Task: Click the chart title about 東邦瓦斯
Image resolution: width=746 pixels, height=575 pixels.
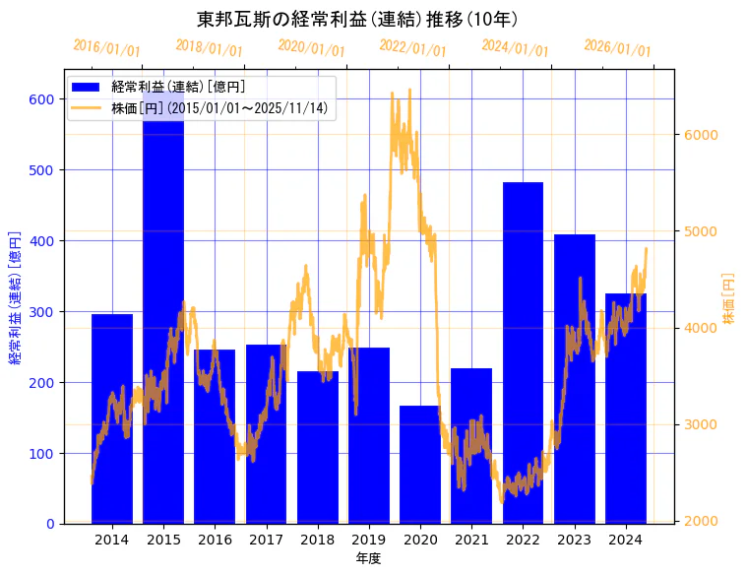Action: [x=357, y=19]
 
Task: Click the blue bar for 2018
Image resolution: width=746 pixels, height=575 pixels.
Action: [x=317, y=447]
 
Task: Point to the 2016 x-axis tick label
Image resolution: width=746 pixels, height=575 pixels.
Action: [x=215, y=540]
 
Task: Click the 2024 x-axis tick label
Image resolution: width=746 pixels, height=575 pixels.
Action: [x=626, y=540]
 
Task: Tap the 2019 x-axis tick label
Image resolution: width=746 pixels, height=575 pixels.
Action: [x=369, y=540]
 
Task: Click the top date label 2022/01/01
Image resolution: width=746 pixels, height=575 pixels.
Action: [x=412, y=47]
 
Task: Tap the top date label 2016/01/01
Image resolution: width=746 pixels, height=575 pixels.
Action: [x=106, y=47]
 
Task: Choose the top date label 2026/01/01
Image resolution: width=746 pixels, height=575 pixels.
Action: [x=617, y=47]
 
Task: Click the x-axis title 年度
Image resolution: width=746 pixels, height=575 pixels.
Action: [x=368, y=558]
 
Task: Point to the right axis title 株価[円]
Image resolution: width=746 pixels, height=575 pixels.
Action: [x=729, y=299]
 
